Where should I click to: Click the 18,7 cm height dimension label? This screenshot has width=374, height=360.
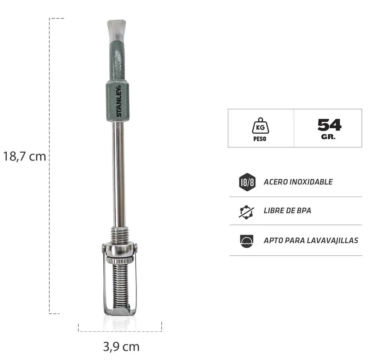pyautogui.click(x=25, y=156)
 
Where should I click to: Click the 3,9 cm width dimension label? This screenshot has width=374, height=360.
pyautogui.click(x=121, y=347)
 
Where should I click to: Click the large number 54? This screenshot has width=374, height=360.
pyautogui.click(x=329, y=125)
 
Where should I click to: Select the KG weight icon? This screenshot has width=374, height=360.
pyautogui.click(x=260, y=126)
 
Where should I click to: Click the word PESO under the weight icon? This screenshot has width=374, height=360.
pyautogui.click(x=260, y=139)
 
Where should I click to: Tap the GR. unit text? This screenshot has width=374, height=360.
pyautogui.click(x=328, y=137)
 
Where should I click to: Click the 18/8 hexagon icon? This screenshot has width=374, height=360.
pyautogui.click(x=247, y=182)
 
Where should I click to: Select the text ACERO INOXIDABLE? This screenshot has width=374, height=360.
pyautogui.click(x=298, y=182)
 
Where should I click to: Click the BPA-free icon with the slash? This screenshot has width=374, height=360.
pyautogui.click(x=246, y=211)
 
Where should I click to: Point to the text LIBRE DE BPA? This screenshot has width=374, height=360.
pyautogui.click(x=287, y=211)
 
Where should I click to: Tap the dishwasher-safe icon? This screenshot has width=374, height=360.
pyautogui.click(x=246, y=240)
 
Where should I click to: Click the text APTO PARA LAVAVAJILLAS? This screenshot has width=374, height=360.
pyautogui.click(x=311, y=240)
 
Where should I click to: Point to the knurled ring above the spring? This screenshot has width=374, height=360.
pyautogui.click(x=120, y=260)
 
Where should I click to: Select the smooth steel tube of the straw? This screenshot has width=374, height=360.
pyautogui.click(x=119, y=173)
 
